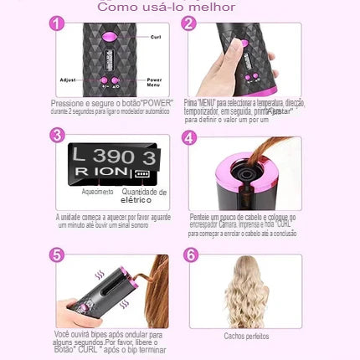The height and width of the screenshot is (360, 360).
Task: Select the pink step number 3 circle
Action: click(57, 136)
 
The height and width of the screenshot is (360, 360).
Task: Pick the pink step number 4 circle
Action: click(189, 138)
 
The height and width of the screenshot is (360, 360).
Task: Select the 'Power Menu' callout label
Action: click(154, 84)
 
